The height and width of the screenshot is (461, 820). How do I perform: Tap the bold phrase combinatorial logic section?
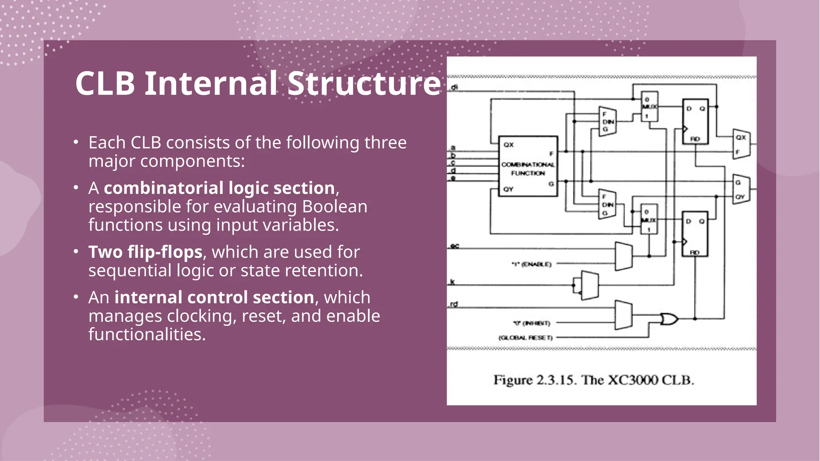point(219,188)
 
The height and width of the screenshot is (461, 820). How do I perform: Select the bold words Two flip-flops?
point(145,252)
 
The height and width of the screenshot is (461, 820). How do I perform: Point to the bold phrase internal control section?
point(214,297)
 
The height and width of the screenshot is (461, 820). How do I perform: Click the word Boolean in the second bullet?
point(335,206)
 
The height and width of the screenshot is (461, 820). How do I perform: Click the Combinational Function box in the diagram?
point(528,166)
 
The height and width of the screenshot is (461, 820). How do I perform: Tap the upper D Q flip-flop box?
point(695,122)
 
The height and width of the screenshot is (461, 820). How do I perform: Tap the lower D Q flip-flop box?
point(695,234)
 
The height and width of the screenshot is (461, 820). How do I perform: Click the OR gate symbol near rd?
point(669,319)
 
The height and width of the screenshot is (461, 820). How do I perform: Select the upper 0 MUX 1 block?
point(649,106)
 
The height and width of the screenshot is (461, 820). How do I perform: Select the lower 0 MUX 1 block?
point(649,219)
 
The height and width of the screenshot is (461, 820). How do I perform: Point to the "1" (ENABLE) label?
point(531,264)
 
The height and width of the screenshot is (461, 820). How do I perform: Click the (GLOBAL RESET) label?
point(525,338)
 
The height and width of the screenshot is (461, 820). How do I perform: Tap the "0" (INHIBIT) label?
point(531,323)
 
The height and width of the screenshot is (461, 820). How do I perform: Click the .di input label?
point(454,87)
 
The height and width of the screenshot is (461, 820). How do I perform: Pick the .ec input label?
point(454,246)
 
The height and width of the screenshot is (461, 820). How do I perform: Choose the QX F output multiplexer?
point(741,144)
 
